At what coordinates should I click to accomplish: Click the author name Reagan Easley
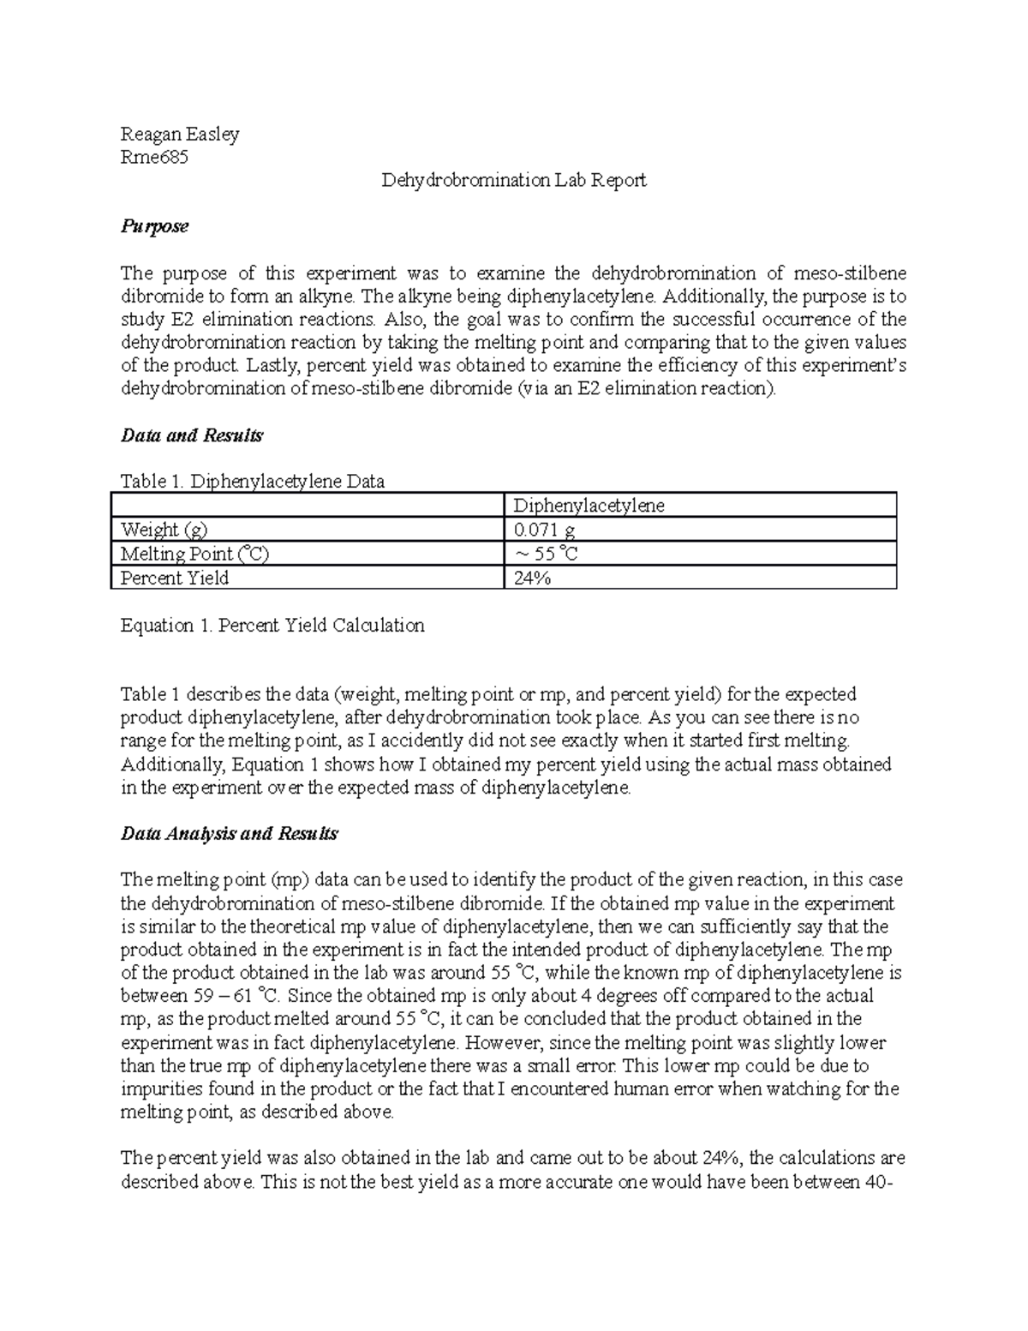(x=180, y=135)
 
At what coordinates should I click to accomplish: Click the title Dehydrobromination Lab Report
(x=514, y=181)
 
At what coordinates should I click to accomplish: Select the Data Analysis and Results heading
(x=230, y=834)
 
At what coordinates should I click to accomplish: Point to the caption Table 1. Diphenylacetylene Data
(x=253, y=482)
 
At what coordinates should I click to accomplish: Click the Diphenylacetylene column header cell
(x=589, y=506)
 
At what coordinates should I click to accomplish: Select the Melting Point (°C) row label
(x=195, y=554)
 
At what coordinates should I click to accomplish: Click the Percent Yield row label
(x=175, y=578)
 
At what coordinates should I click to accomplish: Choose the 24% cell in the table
(x=531, y=578)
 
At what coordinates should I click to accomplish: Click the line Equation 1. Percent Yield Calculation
(x=272, y=626)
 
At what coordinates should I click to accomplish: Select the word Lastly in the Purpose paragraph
(x=270, y=366)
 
